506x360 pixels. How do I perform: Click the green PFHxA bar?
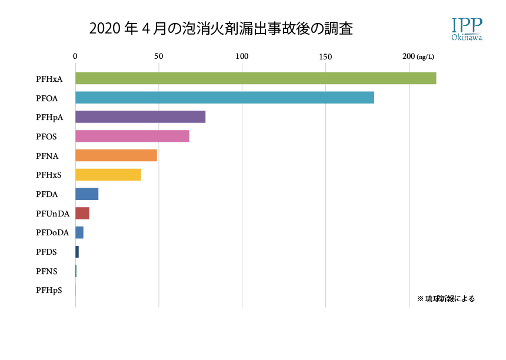coord(255,78)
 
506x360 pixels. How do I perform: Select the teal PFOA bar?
coord(224,98)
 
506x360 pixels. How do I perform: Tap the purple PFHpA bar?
coord(140,117)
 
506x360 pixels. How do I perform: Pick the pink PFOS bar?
coord(132,136)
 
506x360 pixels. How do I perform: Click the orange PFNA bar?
coord(116,156)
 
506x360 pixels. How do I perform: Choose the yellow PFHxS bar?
coord(108,175)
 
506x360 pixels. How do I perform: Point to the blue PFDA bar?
coord(86,194)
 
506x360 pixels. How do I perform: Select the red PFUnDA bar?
coord(82,214)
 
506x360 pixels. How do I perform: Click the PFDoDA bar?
coord(79,233)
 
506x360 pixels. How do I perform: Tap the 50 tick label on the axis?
coord(158,56)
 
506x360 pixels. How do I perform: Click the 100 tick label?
coord(242,56)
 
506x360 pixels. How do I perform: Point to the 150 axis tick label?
coord(325,56)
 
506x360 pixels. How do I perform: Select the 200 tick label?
coord(408,56)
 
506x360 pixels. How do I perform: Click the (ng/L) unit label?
coord(425,57)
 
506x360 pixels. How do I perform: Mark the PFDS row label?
coord(47,252)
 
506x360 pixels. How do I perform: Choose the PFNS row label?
coord(47,271)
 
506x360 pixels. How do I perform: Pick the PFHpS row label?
coord(49,291)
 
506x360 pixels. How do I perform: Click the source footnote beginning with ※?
coord(445,299)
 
